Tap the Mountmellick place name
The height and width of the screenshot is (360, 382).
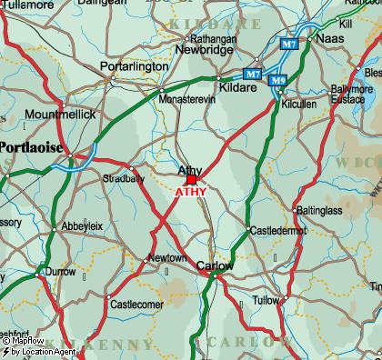[x=60, y=115]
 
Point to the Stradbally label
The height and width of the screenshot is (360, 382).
[x=123, y=178]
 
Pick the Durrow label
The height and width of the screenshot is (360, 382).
[x=61, y=271]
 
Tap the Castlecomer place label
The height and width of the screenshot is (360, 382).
[x=136, y=305]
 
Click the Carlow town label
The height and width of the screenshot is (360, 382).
[x=216, y=265]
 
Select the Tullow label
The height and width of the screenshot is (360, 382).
[x=266, y=299]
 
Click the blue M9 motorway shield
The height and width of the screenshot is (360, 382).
[x=277, y=81]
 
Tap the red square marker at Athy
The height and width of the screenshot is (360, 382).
[x=191, y=180]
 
